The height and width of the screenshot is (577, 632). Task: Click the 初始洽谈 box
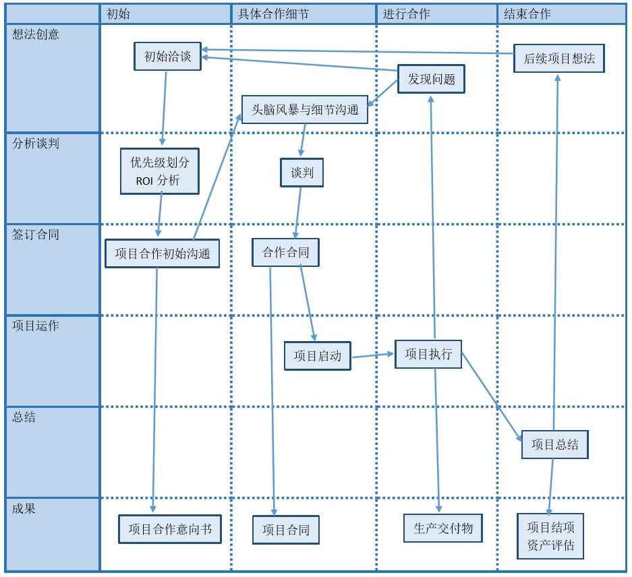(167, 57)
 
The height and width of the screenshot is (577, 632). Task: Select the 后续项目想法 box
(559, 59)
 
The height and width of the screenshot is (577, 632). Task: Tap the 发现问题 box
(431, 80)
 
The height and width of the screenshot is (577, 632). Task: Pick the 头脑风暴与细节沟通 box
(305, 109)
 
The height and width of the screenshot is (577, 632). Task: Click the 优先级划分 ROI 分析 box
(160, 171)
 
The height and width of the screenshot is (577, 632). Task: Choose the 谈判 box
(302, 173)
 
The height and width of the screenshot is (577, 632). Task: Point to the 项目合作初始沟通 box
(162, 253)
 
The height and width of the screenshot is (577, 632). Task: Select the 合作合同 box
(285, 253)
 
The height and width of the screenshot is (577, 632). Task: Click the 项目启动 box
(317, 355)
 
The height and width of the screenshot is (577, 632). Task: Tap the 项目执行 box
(428, 354)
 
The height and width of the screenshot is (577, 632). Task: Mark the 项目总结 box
(554, 444)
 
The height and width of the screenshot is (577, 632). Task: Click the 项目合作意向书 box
(170, 529)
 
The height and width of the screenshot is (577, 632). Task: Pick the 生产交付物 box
(443, 528)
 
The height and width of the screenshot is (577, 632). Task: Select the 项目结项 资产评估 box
(550, 536)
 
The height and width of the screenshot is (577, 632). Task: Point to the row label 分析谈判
(36, 143)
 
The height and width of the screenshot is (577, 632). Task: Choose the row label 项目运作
(36, 326)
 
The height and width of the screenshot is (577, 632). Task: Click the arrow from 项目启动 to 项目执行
(372, 355)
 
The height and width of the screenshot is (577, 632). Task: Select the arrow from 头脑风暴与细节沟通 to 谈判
(303, 140)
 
